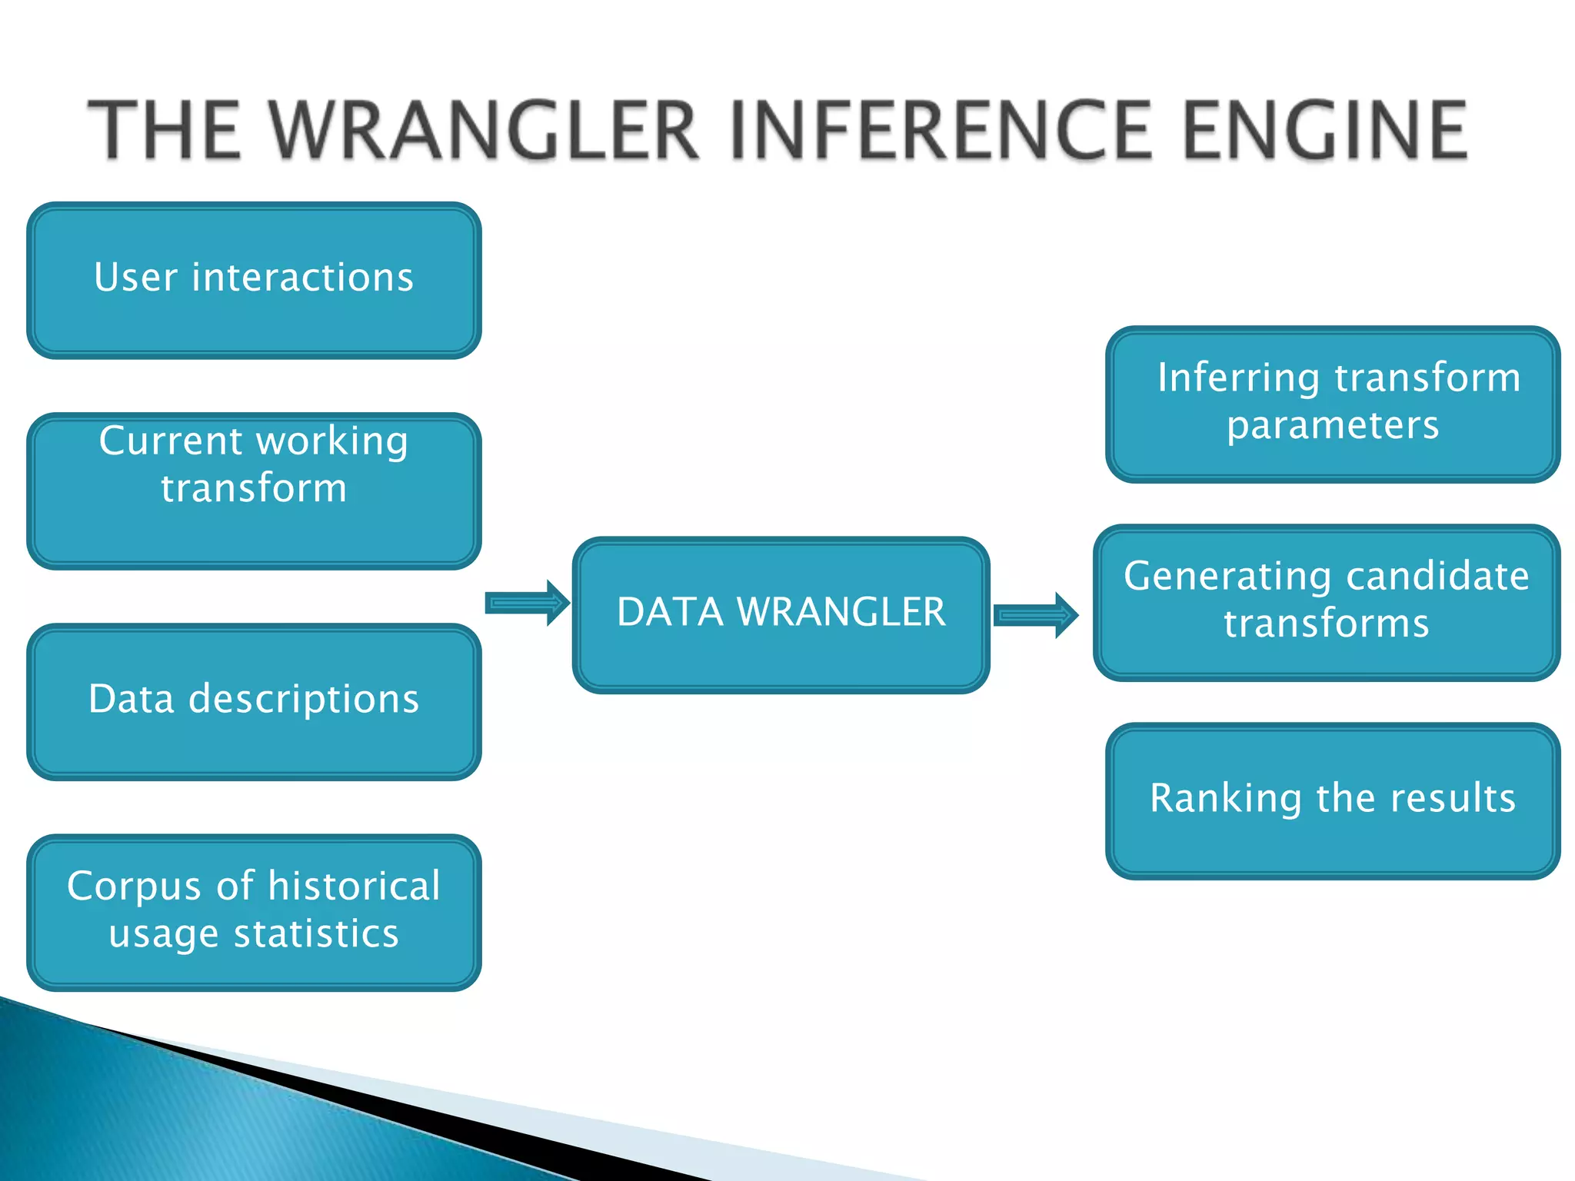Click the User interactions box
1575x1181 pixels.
pyautogui.click(x=254, y=281)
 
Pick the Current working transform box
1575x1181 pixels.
pyautogui.click(x=254, y=491)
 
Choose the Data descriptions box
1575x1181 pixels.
pyautogui.click(x=254, y=701)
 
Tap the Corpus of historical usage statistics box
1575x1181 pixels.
pyautogui.click(x=254, y=912)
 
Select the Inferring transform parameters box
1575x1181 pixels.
pyautogui.click(x=1333, y=404)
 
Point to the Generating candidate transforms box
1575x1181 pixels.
pyautogui.click(x=1327, y=602)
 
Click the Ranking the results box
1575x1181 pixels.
pyautogui.click(x=1333, y=800)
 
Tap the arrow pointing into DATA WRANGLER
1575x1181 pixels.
pyautogui.click(x=527, y=603)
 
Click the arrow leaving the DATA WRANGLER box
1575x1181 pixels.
pyautogui.click(x=1035, y=615)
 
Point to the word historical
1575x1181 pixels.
pyautogui.click(x=354, y=886)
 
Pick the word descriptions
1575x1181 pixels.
pyautogui.click(x=304, y=700)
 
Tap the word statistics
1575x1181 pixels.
pyautogui.click(x=316, y=933)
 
